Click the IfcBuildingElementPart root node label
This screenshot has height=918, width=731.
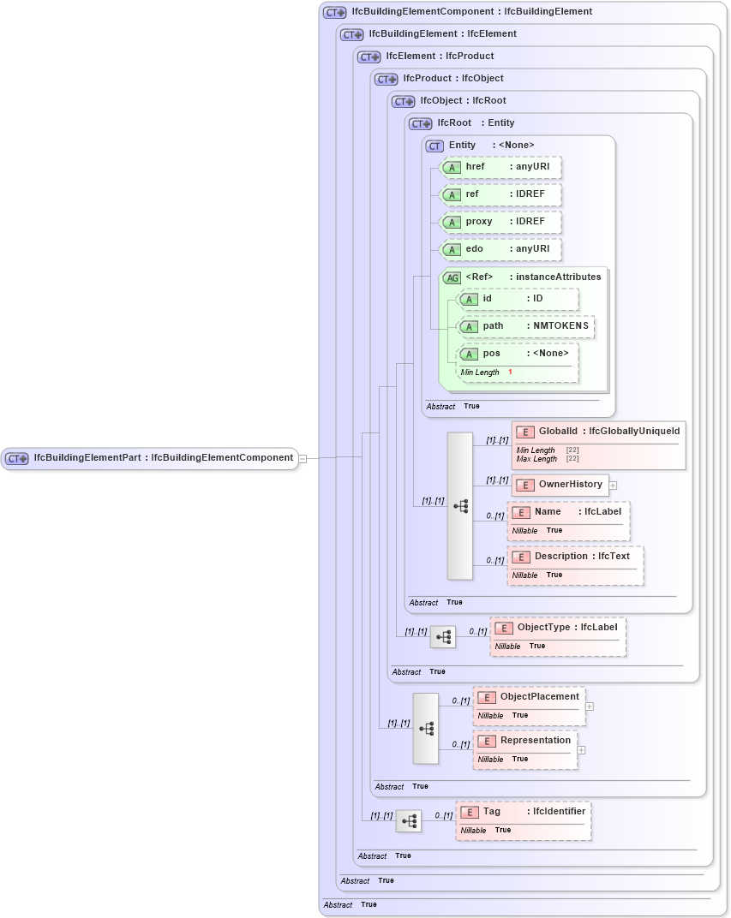click(x=163, y=458)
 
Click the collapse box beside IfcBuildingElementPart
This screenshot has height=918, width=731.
click(x=303, y=458)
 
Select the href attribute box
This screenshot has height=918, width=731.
click(x=501, y=167)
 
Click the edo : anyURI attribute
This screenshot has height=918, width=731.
click(x=501, y=249)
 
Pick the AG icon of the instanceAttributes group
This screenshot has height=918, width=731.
click(x=452, y=277)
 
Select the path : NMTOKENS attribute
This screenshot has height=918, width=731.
click(x=525, y=326)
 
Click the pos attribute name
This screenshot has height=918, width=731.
click(x=492, y=353)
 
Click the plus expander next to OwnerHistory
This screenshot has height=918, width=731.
click(x=613, y=486)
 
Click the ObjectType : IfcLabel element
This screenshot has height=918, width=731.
click(x=557, y=628)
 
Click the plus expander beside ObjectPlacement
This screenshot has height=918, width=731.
click(x=590, y=707)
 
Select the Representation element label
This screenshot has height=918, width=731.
click(x=535, y=741)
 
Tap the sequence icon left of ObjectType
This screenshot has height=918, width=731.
click(x=443, y=637)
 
